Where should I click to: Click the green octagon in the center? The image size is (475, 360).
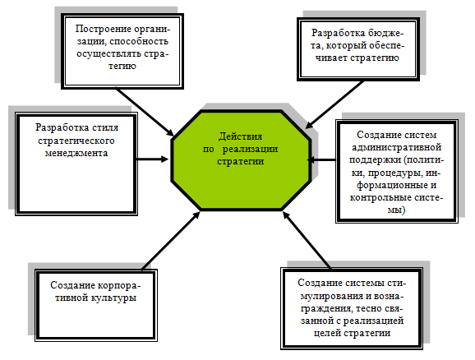tap(241, 160)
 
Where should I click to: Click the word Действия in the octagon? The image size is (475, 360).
tap(240, 136)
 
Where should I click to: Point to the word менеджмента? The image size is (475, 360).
tap(76, 153)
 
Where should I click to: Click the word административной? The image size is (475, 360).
tap(396, 147)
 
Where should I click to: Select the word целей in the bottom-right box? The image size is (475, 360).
tap(327, 334)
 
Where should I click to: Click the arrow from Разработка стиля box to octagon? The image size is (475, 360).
tap(153, 159)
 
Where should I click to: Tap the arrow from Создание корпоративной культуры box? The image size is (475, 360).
tap(171, 241)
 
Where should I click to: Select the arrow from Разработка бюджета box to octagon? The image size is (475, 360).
tap(334, 105)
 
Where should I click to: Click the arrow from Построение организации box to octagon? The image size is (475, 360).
tap(145, 112)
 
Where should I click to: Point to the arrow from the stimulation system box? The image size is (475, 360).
tap(307, 240)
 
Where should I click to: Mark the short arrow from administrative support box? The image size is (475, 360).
tap(321, 159)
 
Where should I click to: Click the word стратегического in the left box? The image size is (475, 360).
tap(76, 141)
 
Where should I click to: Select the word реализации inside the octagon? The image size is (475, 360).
tap(250, 150)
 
